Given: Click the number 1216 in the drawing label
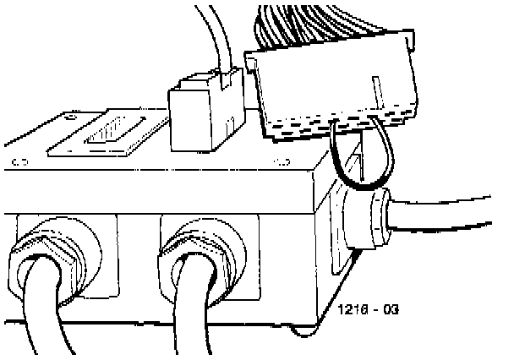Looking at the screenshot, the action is point(352,309).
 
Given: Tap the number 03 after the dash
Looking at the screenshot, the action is point(389,309).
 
